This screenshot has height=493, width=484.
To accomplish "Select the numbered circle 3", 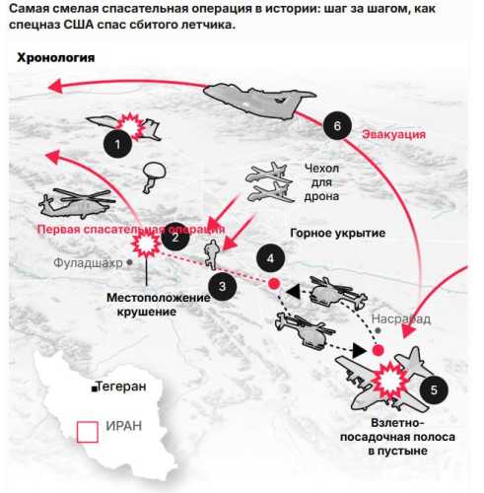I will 224,287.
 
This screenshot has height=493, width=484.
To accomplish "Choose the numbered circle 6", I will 338,126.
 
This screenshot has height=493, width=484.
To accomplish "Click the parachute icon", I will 153,176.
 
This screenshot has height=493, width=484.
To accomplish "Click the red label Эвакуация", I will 393,133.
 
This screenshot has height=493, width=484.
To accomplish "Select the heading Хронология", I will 56,57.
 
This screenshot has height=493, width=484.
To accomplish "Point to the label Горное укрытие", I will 336,234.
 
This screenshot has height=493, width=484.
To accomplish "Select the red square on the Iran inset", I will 87,431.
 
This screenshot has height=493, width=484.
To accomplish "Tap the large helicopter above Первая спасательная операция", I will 76,201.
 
